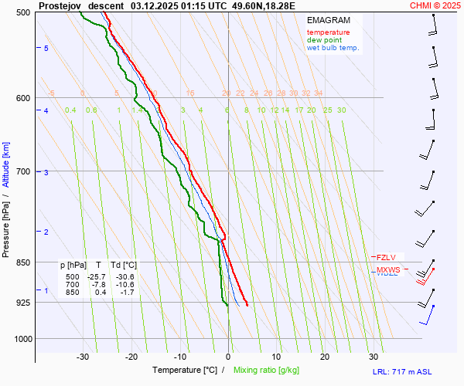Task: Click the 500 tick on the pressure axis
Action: click(22, 12)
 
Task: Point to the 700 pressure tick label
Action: click(22, 171)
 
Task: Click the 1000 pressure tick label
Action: click(20, 339)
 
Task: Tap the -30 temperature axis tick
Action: click(83, 357)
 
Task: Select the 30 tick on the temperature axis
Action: click(374, 357)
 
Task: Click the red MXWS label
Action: click(388, 270)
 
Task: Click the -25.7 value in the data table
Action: click(97, 276)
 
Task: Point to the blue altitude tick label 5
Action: click(46, 49)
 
